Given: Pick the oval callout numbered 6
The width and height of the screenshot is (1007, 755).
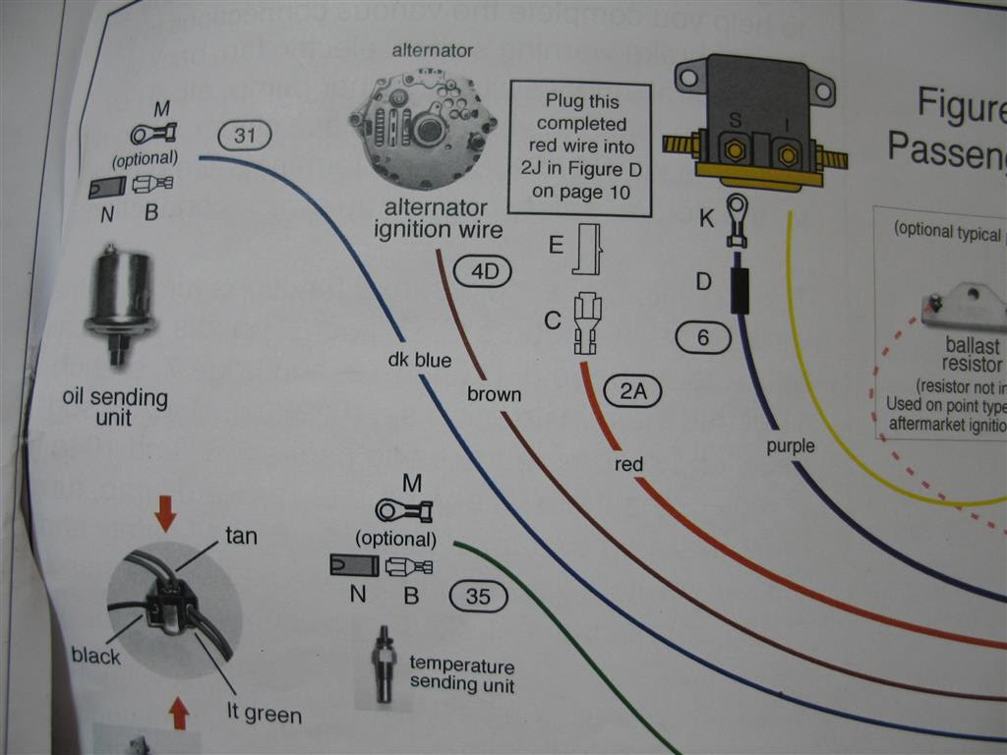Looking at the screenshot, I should tap(703, 338).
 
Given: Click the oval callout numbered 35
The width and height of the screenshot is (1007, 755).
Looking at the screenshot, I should tap(478, 595).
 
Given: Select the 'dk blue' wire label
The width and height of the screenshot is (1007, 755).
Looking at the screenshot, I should tap(420, 361).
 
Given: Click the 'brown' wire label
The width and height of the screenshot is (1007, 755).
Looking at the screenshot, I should tap(494, 394).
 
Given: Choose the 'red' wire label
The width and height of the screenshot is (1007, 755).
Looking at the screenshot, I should tap(628, 464).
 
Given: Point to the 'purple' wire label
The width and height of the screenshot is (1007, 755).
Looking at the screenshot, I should tap(791, 446).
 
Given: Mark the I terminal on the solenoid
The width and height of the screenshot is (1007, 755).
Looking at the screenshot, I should tap(787, 153).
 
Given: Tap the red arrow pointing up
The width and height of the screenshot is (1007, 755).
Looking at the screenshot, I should tap(178, 713).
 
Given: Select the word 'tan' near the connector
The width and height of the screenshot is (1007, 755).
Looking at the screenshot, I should tap(241, 537).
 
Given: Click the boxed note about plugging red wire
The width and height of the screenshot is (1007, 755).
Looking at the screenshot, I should tap(580, 149).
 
